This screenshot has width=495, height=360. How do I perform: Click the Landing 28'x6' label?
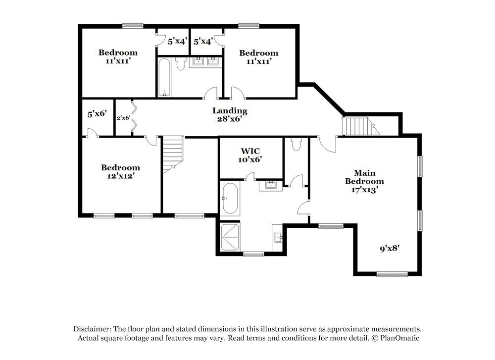click(x=230, y=114)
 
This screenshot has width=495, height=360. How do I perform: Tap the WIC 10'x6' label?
click(x=251, y=154)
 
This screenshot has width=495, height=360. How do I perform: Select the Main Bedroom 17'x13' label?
click(x=364, y=181)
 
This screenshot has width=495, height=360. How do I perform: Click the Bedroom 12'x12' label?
click(x=120, y=171)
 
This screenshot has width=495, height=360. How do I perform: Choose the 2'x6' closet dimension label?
click(x=123, y=118)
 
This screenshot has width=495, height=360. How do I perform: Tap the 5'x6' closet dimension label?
click(x=97, y=114)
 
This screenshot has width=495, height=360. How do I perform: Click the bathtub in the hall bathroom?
click(x=165, y=77)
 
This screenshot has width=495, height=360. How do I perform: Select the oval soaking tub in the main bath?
click(x=230, y=199)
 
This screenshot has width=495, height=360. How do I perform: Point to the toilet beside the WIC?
click(x=297, y=144)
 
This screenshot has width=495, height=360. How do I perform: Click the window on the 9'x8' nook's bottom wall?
click(x=392, y=274)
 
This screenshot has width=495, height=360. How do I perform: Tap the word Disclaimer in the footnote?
click(x=92, y=329)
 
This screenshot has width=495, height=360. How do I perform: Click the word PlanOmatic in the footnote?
click(x=400, y=338)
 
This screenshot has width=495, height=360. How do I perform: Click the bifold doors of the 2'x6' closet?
click(x=133, y=118)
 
